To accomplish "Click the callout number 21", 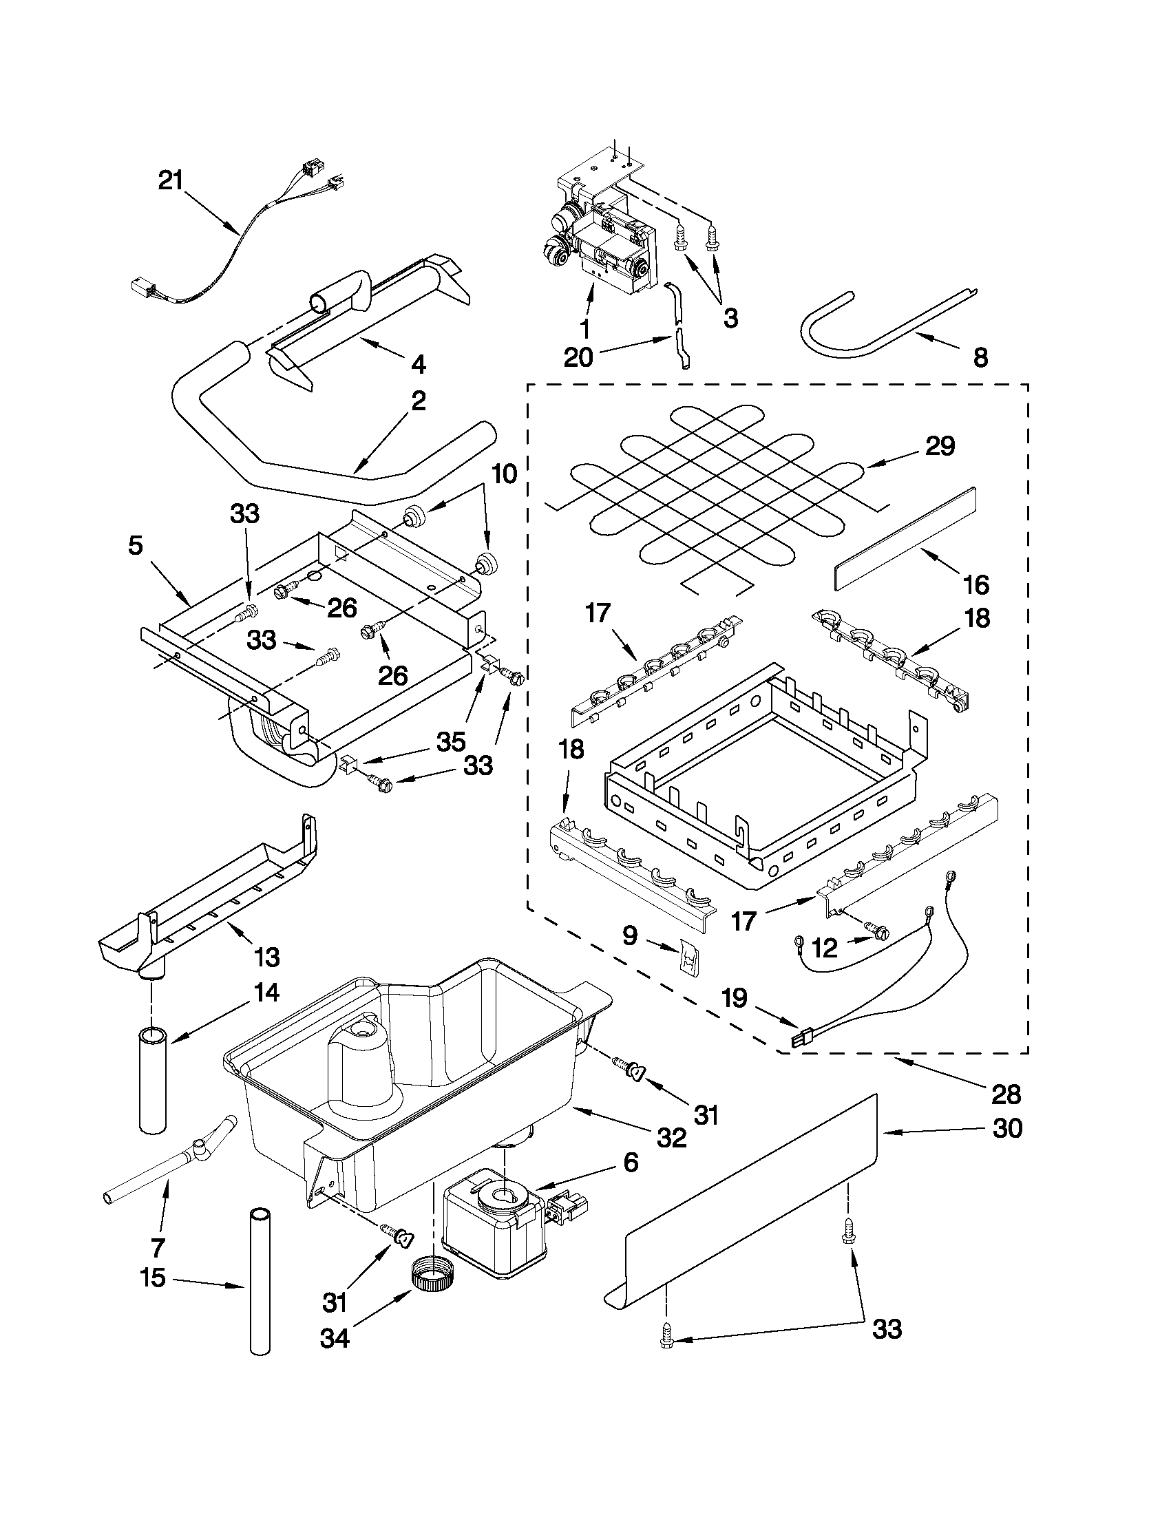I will [170, 181].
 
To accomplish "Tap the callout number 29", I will [940, 446].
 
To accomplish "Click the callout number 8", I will [980, 358].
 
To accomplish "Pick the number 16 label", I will [977, 585].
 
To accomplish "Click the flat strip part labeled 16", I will [905, 538].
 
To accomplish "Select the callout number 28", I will [1006, 1094].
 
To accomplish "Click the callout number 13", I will [267, 957].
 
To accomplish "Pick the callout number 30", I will [1007, 1129].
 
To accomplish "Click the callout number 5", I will [136, 546].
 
